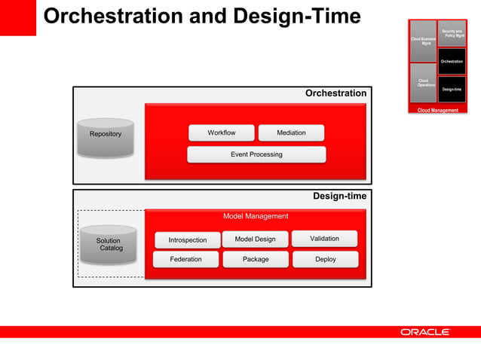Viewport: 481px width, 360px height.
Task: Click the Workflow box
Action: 221,133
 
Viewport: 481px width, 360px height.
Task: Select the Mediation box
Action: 291,133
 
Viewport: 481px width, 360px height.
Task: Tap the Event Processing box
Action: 256,154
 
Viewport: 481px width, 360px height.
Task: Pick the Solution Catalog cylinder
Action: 109,245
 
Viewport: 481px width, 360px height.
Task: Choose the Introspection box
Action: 187,240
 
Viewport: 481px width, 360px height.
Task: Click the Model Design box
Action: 255,239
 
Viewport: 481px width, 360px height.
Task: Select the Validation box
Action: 324,239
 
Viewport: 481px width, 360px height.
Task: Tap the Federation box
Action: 185,260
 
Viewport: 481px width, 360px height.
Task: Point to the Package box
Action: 256,260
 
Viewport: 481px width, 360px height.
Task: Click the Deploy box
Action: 326,260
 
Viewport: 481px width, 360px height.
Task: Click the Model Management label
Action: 256,217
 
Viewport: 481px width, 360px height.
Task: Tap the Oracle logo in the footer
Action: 424,332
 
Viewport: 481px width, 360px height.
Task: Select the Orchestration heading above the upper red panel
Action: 335,94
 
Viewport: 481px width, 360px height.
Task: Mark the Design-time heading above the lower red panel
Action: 339,197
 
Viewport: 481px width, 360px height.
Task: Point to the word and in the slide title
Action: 193,17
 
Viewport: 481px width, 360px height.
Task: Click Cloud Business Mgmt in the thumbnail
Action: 422,41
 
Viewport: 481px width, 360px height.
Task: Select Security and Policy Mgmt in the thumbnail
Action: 452,34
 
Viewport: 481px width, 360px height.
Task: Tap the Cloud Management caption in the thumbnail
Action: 438,111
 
